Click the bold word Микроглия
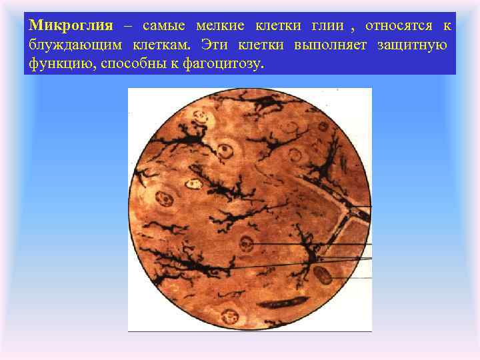click(71, 27)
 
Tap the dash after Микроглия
click(127, 27)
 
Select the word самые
click(163, 27)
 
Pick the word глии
click(327, 27)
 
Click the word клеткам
click(160, 45)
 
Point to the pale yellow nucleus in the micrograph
click(194, 181)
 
